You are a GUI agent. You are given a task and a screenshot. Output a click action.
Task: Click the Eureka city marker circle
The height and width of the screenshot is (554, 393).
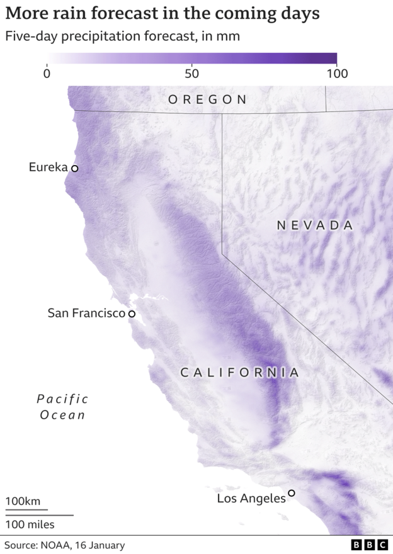[74, 168]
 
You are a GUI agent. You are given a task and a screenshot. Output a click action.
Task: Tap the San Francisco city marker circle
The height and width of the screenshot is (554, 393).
[132, 314]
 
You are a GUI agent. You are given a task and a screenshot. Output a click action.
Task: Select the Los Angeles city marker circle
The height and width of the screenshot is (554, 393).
[292, 493]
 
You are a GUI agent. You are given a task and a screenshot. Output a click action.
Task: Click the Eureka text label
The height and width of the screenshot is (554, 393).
[48, 167]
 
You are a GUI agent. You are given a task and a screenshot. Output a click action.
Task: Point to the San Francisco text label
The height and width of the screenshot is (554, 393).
[86, 313]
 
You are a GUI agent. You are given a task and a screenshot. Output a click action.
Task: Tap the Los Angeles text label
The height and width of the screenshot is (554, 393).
[251, 499]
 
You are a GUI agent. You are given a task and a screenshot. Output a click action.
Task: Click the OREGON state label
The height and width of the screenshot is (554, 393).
[207, 99]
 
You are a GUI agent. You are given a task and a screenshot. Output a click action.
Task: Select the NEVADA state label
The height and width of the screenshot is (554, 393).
[315, 225]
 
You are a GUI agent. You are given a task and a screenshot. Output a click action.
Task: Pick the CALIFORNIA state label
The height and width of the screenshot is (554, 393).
[240, 372]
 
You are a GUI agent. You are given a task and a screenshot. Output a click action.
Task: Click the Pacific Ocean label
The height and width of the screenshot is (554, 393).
[62, 407]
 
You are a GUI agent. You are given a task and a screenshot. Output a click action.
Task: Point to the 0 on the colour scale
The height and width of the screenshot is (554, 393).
[47, 73]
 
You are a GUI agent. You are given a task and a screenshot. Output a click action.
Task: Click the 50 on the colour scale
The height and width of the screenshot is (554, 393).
[192, 73]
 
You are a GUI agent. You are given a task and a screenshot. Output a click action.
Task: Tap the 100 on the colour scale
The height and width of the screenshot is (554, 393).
[337, 73]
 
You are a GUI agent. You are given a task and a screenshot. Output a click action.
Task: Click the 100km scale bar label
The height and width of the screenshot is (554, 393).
[23, 502]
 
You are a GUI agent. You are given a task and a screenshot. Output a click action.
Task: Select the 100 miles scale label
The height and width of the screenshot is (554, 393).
[30, 524]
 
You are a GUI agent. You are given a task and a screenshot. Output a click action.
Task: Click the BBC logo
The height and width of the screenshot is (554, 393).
[369, 545]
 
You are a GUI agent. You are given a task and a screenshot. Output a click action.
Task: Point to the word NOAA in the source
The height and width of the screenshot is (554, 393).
[58, 545]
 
